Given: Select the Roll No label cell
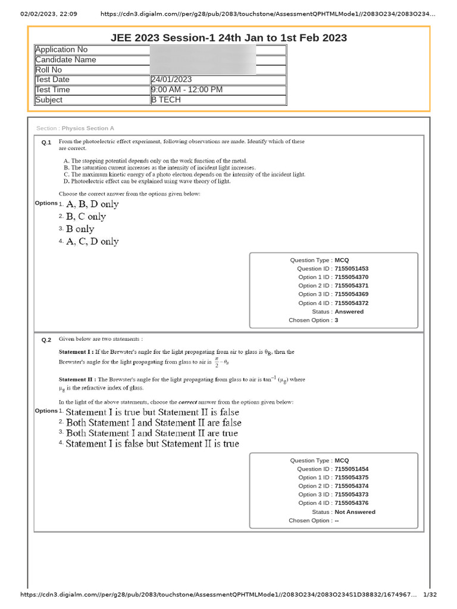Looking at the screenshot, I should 49,70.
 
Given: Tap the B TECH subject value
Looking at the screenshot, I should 166,100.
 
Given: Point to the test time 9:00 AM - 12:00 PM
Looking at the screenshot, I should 187,90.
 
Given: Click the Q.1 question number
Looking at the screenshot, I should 46,143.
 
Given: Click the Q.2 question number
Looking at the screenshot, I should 46,340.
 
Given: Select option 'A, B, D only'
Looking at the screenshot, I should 92,204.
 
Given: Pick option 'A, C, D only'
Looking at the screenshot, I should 92,241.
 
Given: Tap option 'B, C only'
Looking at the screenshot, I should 86,216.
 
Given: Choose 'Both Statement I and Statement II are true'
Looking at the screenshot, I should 152,434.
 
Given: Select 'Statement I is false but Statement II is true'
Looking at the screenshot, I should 152,444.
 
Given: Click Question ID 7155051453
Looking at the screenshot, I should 352,269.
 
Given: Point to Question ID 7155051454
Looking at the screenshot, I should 352,469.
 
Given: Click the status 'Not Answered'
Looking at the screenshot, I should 355,512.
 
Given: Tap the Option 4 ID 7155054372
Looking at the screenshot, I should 352,303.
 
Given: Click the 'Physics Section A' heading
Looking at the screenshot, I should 88,128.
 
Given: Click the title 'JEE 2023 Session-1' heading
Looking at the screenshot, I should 228,38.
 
